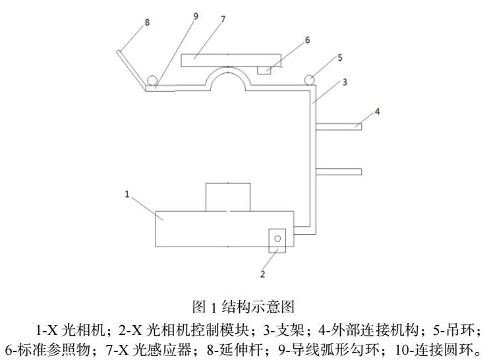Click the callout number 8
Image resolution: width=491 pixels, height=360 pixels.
coord(147,22)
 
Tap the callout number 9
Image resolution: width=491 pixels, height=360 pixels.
coord(195,16)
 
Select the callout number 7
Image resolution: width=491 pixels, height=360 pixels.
coord(223,19)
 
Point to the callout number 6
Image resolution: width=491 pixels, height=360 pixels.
coord(306,40)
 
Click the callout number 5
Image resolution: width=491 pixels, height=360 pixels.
coord(339,57)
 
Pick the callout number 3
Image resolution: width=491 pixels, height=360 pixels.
coord(345,82)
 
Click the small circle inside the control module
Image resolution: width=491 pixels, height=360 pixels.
coord(277,238)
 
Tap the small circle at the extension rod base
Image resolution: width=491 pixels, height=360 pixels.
coord(152,80)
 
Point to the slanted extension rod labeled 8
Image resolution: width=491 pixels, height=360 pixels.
coord(131,69)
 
